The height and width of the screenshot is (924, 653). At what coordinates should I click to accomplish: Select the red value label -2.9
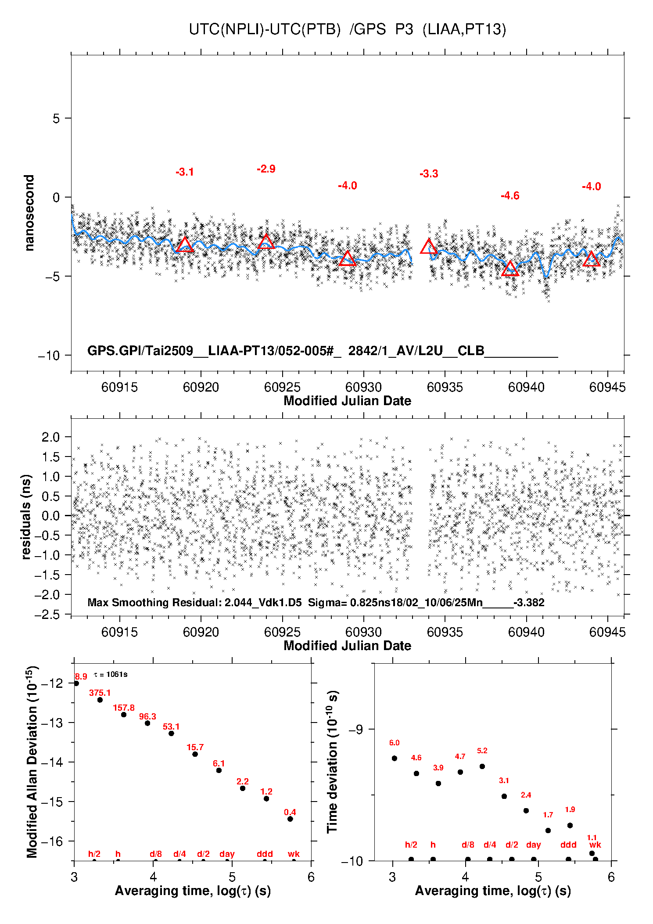tap(266, 169)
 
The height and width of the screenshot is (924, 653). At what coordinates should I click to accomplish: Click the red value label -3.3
tap(429, 174)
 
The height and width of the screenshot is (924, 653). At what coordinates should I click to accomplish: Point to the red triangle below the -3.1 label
tap(185, 245)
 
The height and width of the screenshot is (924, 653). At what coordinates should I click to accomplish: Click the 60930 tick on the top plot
tap(363, 387)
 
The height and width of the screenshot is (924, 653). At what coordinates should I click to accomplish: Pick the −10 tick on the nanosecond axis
tap(49, 356)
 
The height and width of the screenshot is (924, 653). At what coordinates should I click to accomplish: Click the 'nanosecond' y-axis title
tap(29, 213)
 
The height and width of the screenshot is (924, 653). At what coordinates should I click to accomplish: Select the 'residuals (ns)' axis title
tap(26, 517)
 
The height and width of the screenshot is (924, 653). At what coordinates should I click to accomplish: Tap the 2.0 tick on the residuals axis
tap(50, 437)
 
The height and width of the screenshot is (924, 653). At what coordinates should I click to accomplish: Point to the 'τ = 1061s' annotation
tap(111, 674)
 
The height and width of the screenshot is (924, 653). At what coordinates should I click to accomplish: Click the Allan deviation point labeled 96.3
tap(147, 723)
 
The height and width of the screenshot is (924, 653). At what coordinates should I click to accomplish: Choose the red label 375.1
tap(100, 693)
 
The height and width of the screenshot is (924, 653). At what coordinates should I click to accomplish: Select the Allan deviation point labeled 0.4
tap(290, 819)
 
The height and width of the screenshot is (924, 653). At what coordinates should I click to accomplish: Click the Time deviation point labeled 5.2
tap(482, 766)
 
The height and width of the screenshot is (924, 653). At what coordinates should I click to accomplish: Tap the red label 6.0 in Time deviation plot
tap(394, 743)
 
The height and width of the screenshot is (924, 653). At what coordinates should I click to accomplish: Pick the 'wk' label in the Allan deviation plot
tap(294, 854)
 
